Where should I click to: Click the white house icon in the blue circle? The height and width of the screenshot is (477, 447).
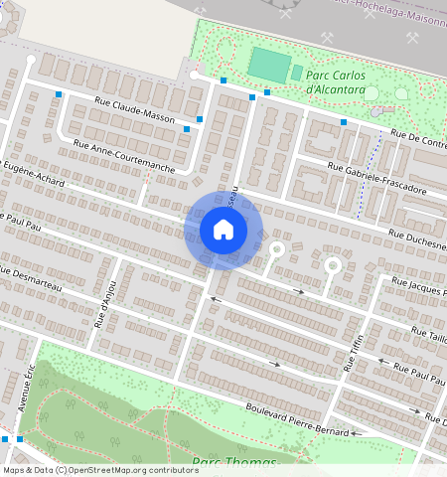223,230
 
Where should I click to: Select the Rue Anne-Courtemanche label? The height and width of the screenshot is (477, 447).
124,156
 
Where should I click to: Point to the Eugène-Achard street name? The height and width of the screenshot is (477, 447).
35,176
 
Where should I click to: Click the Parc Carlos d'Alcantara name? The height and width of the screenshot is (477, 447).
336,83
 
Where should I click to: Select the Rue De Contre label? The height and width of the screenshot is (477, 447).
418,140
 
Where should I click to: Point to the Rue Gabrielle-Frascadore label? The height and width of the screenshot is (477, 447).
376,178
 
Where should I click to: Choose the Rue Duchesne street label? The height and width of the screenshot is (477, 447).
417,239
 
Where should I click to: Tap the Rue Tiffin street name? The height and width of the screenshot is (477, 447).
354,353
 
